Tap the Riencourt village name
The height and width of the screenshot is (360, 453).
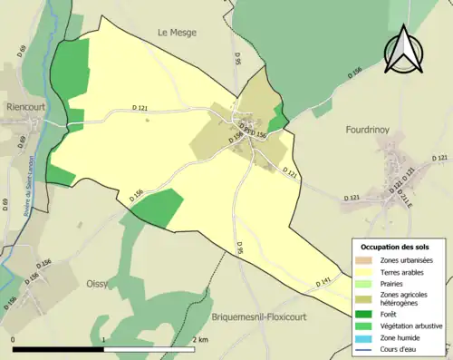pos(26,105)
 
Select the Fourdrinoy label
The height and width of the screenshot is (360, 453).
pos(367,131)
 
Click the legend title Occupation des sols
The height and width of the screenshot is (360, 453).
pos(396,247)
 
